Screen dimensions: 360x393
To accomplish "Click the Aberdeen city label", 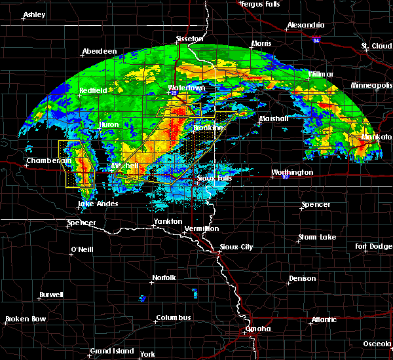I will pyautogui.click(x=99, y=52).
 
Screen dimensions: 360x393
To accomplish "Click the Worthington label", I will pyautogui.click(x=293, y=173).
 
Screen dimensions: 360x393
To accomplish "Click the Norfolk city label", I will pyautogui.click(x=163, y=278).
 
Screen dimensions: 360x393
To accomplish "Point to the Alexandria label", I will pyautogui.click(x=305, y=26).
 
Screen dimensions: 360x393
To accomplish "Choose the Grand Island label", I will pyautogui.click(x=111, y=351).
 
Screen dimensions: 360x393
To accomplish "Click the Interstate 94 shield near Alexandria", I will pyautogui.click(x=315, y=41).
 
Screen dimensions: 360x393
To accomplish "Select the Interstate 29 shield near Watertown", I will pyautogui.click(x=175, y=94).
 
